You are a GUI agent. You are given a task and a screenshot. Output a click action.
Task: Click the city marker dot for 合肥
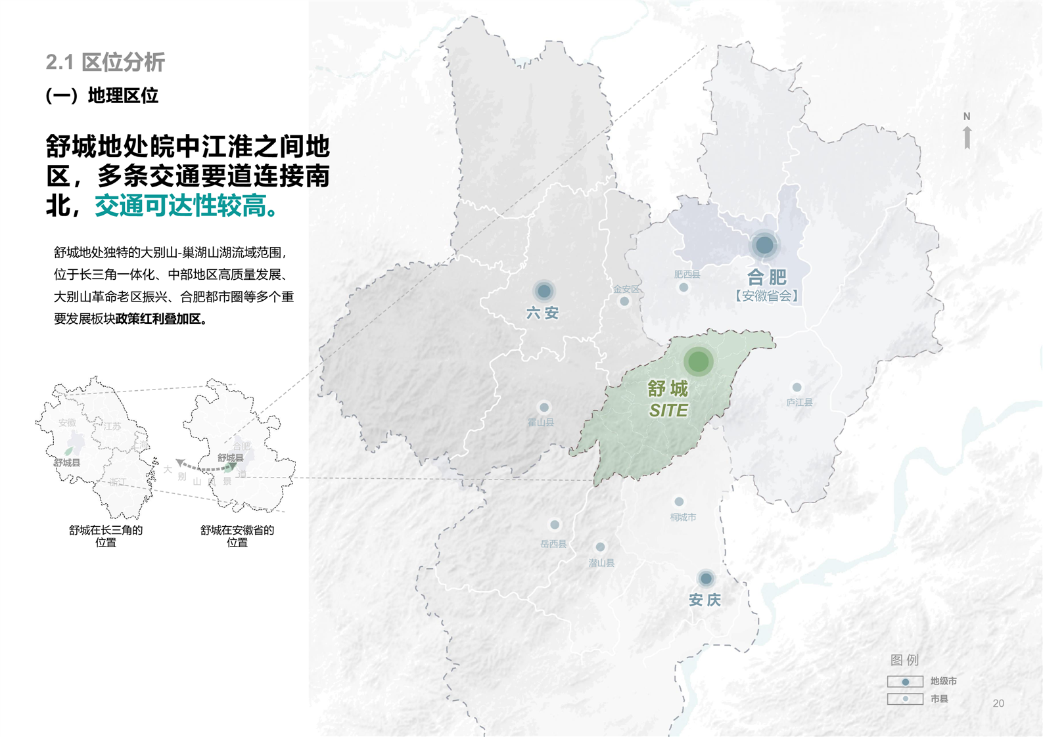(764, 246)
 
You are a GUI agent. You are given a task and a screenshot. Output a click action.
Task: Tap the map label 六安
(542, 313)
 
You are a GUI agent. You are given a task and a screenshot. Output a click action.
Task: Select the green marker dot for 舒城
(698, 361)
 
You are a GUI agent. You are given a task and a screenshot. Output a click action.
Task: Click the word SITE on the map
(668, 411)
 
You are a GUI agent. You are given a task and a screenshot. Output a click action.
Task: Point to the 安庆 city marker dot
(706, 579)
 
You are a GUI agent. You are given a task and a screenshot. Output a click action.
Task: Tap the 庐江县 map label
(799, 402)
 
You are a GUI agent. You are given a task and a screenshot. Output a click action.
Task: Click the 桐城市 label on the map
(683, 517)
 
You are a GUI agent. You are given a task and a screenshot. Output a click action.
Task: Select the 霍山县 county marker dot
(544, 408)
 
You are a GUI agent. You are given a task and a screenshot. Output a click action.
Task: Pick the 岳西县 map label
(553, 543)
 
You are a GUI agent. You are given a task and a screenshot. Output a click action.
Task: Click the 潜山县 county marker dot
(600, 547)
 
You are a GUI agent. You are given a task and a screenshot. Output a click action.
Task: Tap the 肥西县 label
(687, 274)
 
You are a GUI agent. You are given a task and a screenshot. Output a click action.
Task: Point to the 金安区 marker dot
(624, 301)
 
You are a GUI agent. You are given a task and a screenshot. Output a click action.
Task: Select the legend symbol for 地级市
(905, 682)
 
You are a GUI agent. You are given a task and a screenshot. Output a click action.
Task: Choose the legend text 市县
(939, 699)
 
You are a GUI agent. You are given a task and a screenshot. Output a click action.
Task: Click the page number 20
(998, 703)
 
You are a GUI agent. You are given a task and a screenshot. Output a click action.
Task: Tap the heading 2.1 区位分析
(105, 62)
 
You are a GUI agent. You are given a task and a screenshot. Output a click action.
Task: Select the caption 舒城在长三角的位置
(106, 536)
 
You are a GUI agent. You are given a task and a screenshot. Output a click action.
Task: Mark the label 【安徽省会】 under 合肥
(766, 296)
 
